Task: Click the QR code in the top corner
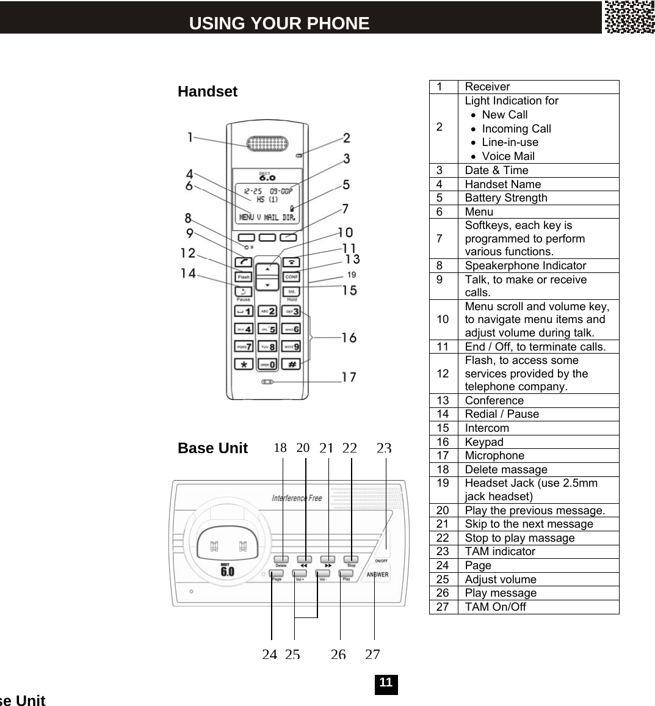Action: coord(629,16)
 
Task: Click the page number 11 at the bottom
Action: coord(386,683)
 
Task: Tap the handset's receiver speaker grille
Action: coord(267,144)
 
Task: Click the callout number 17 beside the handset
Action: coord(349,377)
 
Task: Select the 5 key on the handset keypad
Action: coord(267,329)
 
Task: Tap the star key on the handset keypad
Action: coord(244,364)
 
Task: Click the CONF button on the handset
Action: coord(292,277)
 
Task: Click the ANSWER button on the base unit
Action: coord(377,575)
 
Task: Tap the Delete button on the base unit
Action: coord(281,559)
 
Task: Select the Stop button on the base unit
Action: coord(351,559)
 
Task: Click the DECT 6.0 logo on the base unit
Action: coord(227,570)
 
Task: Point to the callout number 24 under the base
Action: coord(269,654)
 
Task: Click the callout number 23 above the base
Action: coord(384,448)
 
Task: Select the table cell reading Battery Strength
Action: coord(506,197)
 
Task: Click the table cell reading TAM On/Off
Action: coord(495,606)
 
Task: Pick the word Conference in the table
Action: coord(494,400)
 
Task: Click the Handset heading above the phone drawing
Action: coord(208,92)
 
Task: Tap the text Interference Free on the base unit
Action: coord(297,498)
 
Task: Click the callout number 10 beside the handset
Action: coord(345,232)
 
